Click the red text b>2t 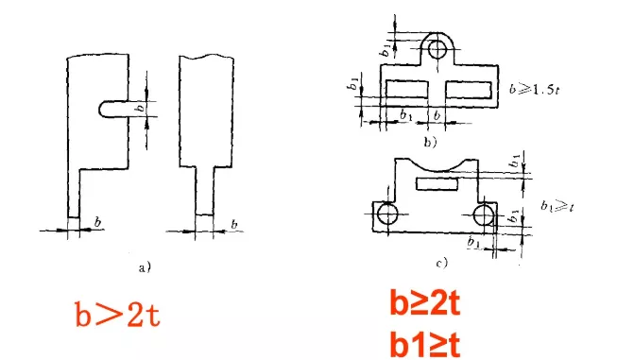[118, 314]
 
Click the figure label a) [144, 267]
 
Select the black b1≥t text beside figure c [557, 203]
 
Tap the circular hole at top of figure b [437, 47]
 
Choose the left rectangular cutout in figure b [401, 89]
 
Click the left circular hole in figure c [386, 215]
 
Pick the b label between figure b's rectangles [437, 115]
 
